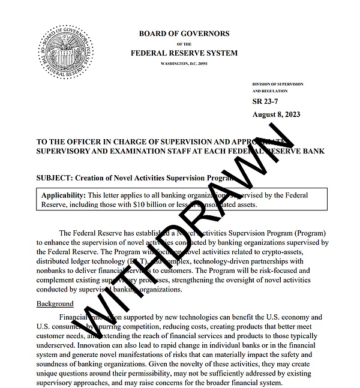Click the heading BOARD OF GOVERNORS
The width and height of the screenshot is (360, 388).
(184, 34)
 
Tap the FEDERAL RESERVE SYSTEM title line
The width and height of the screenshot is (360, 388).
(184, 53)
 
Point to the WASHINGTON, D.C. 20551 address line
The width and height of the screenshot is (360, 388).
(184, 64)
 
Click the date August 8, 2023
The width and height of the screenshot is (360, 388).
(277, 114)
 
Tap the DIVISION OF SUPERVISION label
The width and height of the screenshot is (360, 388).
(278, 84)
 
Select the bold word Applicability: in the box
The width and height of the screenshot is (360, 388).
(63, 195)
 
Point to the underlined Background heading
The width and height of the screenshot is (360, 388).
(55, 304)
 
